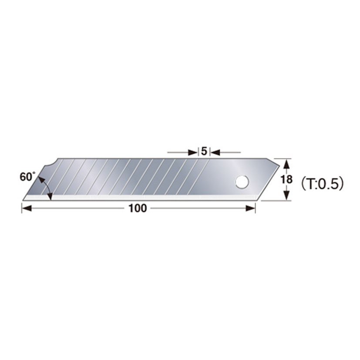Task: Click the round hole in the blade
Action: click(240, 182)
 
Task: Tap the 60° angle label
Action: click(27, 177)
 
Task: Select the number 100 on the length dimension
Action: click(138, 209)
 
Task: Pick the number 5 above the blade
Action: click(204, 152)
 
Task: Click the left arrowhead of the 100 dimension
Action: click(27, 209)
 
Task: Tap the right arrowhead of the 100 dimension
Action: click(250, 209)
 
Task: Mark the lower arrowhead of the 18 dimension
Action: click(286, 195)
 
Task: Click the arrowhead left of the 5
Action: click(193, 152)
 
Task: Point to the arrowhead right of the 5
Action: click(215, 152)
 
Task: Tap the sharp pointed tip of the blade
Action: click(24, 199)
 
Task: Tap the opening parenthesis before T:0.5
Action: click(300, 184)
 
